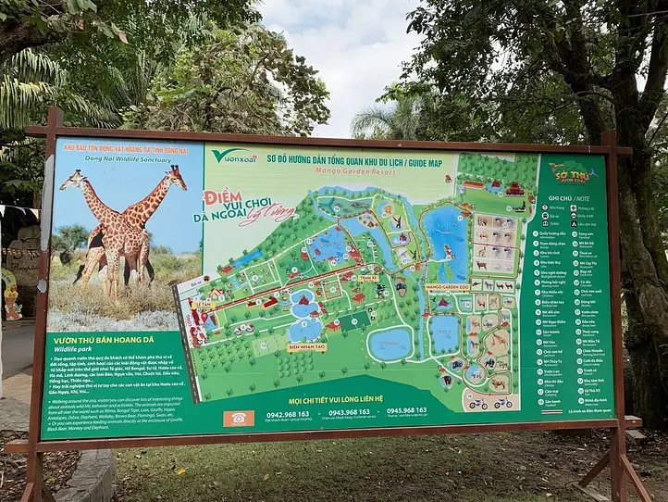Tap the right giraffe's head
pos(175,173)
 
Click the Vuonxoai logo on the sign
pos(233,156)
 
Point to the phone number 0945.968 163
pos(407,409)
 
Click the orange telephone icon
pos(238,418)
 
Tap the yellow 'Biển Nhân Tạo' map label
pos(306,347)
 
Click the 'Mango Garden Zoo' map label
pos(448,287)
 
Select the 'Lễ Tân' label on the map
pos(204,304)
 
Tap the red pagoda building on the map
pos(514,189)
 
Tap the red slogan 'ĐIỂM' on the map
pos(223,196)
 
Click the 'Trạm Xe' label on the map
pos(368,277)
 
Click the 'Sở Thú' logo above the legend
pos(571,173)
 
